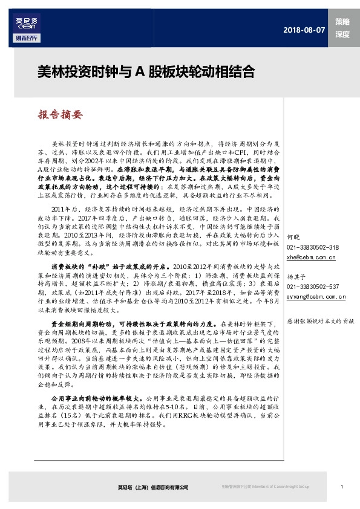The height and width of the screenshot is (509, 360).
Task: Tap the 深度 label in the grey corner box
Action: click(343, 34)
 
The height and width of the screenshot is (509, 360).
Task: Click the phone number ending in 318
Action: click(312, 248)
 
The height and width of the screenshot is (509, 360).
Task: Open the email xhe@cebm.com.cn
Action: click(311, 258)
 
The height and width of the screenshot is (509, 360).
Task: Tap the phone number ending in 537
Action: click(312, 287)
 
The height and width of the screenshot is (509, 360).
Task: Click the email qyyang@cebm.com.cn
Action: click(316, 297)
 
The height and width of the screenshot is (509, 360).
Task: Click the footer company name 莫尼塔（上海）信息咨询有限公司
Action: click(153, 487)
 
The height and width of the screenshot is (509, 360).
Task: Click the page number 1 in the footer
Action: click(342, 487)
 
